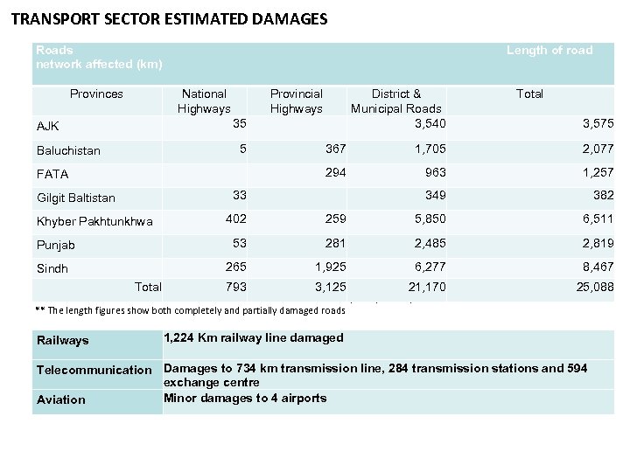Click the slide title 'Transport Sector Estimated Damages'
coord(169,18)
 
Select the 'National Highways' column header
coord(204,101)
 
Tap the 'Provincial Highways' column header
coord(296,101)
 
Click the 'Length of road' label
coord(549,50)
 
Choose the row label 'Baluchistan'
coord(68,150)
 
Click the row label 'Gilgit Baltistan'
coord(76,198)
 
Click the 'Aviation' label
coord(61,399)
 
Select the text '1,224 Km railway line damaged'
coord(254,337)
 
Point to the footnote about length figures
coord(184,309)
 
